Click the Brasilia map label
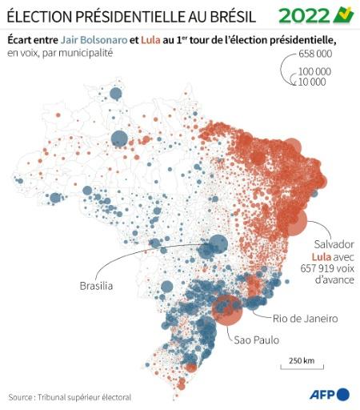[x=96, y=286]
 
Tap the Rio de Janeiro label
[x=305, y=318]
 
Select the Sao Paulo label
[x=256, y=340]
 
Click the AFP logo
[x=330, y=394]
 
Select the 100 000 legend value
[x=315, y=71]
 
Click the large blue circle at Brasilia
[x=218, y=245]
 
